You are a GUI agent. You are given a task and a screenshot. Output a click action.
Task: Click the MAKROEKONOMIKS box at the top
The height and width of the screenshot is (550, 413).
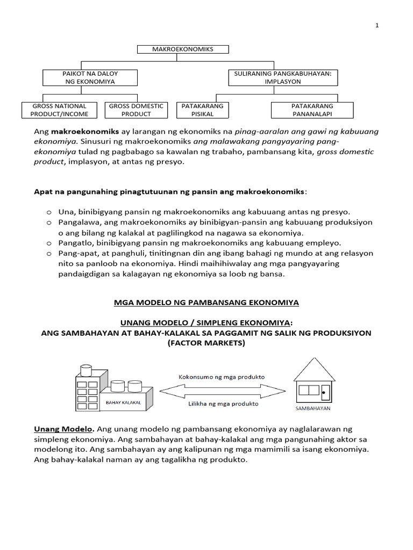coord(183,49)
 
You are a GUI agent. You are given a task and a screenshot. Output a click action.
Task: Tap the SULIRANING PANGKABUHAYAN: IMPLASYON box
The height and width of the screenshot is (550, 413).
coord(283,77)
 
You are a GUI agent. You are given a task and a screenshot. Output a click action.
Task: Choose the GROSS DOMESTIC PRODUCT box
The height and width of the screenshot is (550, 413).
coord(136,110)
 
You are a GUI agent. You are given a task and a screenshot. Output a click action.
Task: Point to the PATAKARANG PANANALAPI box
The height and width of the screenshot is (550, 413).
coord(312,110)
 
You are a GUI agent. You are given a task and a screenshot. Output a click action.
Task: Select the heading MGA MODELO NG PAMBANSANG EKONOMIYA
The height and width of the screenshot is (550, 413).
coord(206,302)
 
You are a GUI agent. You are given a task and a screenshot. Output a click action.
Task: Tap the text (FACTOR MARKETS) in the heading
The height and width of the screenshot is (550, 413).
coord(206,343)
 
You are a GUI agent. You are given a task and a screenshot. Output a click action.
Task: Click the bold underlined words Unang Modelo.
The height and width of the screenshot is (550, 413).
coord(64,429)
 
